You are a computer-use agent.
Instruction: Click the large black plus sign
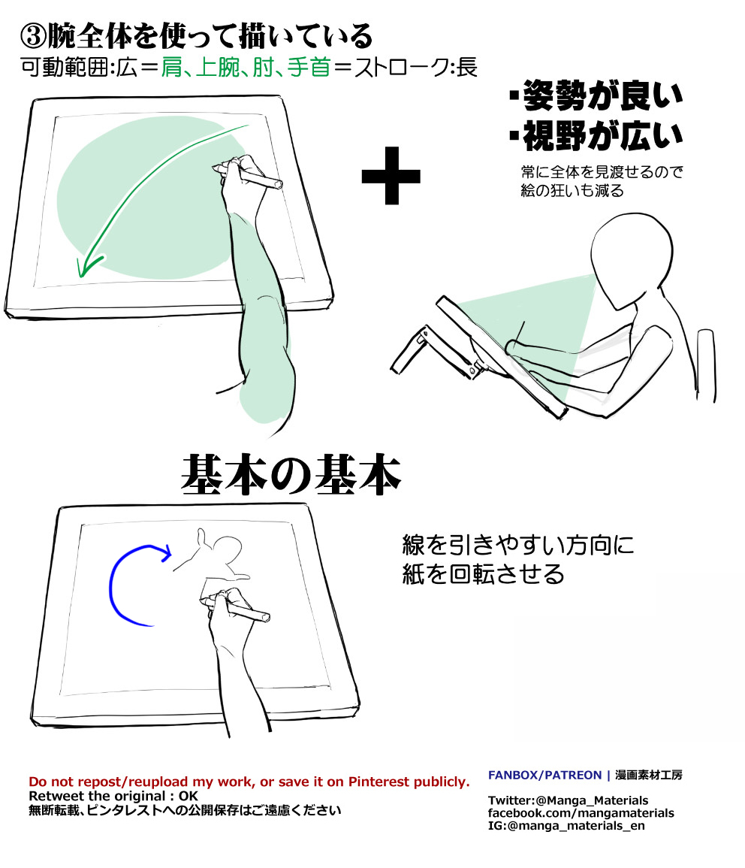click(x=391, y=175)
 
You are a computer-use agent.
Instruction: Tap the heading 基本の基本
click(x=291, y=476)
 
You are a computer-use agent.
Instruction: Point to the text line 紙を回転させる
click(x=483, y=575)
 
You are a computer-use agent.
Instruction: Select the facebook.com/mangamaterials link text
click(x=581, y=813)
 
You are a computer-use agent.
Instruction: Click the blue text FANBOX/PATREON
click(x=544, y=775)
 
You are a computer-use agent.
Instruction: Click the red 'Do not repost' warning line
click(x=249, y=781)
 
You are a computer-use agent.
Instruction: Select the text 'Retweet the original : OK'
click(x=113, y=795)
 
